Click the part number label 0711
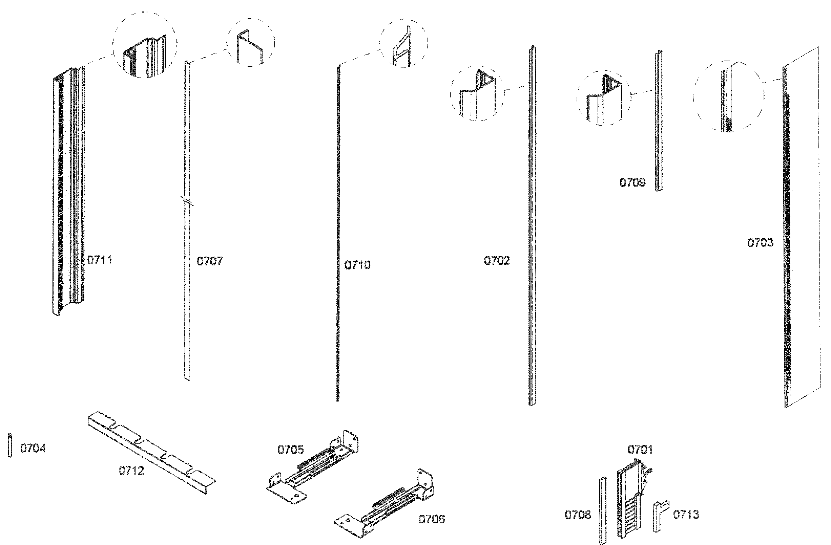tap(100, 260)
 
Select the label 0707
tap(209, 261)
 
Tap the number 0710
tap(357, 265)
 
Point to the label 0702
tap(497, 261)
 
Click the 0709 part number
tap(632, 182)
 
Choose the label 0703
tap(760, 242)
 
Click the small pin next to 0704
tap(10, 445)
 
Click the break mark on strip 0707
tap(187, 201)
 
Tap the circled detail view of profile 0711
tap(145, 45)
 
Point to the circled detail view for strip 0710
tap(403, 43)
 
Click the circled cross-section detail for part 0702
tap(477, 93)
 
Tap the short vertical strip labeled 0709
tap(658, 121)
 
